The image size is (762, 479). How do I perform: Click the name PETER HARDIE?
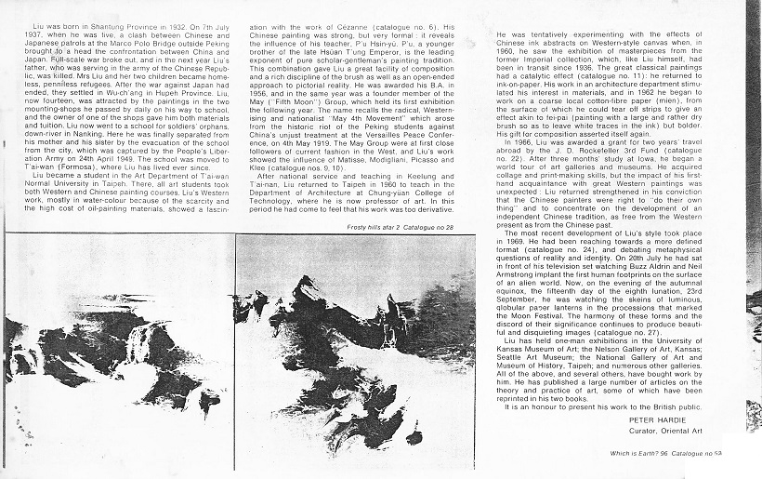point(628,419)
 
